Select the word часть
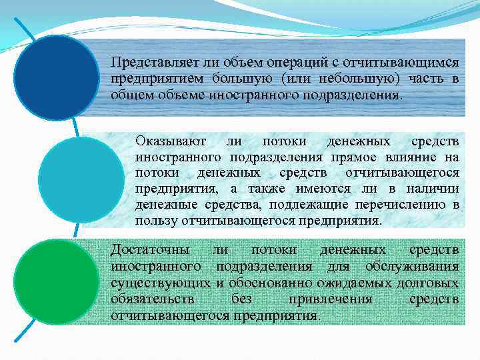click(x=427, y=79)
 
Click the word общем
click(x=129, y=95)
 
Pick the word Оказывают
click(x=170, y=142)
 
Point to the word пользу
click(x=153, y=221)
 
